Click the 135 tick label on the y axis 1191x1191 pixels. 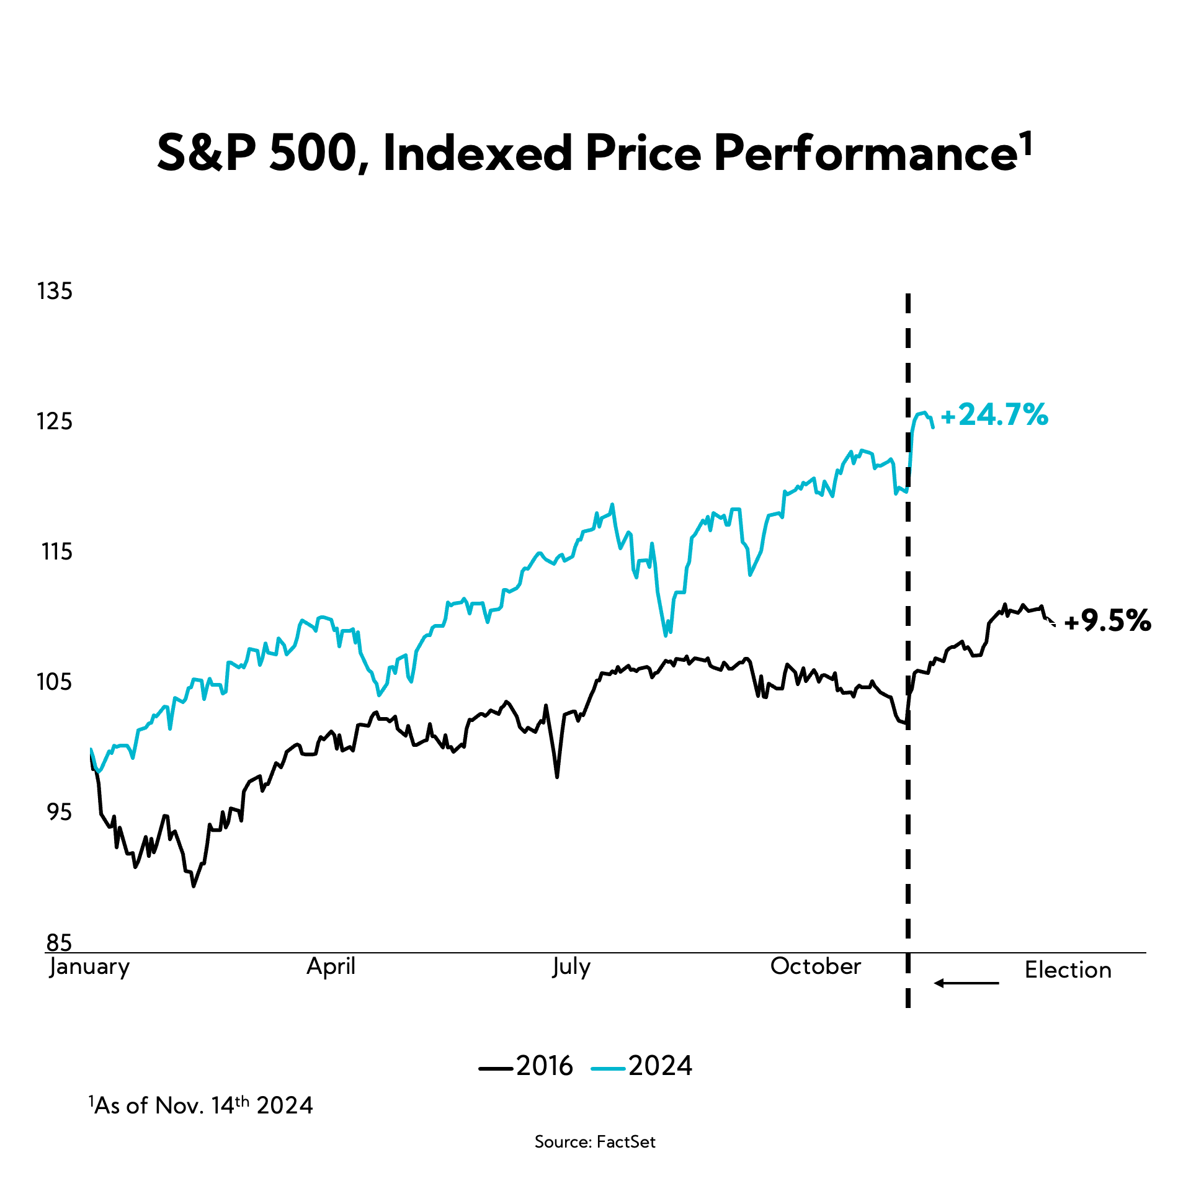55,292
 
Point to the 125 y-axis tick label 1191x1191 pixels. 55,422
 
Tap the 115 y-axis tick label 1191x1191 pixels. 57,552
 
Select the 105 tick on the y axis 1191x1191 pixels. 55,682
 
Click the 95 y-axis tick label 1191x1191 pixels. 60,813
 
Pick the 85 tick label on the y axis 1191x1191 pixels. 60,943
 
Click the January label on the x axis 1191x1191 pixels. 90,966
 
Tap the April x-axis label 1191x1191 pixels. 331,966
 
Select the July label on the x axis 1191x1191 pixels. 571,966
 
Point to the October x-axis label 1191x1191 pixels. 816,966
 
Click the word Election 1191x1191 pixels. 1068,970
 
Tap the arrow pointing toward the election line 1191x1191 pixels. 966,983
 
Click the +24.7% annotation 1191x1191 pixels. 994,415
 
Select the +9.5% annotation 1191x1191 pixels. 1108,621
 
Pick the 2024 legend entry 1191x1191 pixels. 642,1066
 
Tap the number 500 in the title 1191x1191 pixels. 313,153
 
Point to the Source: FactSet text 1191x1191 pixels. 595,1142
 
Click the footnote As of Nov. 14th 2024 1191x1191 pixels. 201,1105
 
